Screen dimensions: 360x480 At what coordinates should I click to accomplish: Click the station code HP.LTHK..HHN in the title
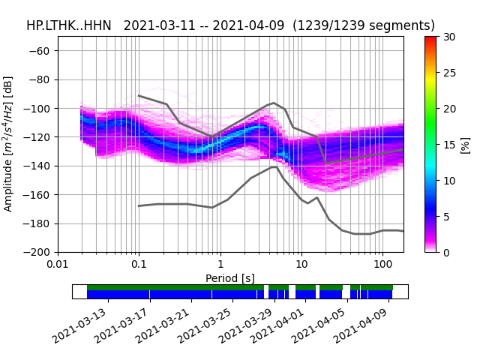tap(68, 25)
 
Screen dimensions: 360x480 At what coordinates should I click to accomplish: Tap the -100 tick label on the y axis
tap(39, 109)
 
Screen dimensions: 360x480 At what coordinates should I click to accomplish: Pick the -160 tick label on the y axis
tap(39, 195)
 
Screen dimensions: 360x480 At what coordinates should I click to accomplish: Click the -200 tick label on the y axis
tap(39, 253)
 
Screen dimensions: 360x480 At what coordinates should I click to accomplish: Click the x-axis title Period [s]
tap(230, 277)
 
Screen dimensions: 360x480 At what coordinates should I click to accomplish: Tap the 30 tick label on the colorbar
tap(448, 37)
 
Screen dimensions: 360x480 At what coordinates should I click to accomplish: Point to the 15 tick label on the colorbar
tap(448, 145)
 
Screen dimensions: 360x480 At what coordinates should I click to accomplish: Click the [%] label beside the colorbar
tap(465, 144)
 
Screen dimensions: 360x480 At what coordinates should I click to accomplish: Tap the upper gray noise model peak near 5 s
tap(274, 103)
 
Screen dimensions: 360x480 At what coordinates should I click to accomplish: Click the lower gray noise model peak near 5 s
tap(275, 166)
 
